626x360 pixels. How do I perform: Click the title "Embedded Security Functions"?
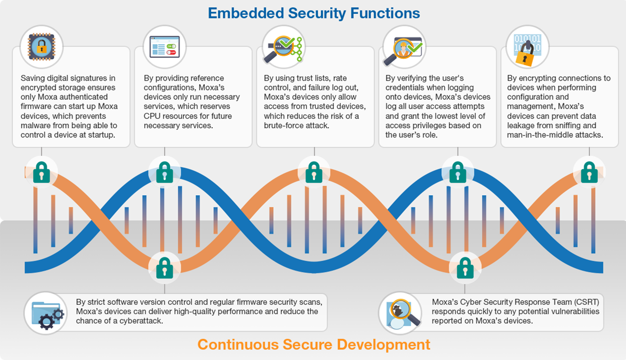[314, 13]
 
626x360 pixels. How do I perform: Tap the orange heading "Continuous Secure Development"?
[314, 344]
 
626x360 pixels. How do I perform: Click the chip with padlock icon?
[42, 47]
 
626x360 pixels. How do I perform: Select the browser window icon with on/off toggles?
[164, 46]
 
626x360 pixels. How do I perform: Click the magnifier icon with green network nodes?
[283, 48]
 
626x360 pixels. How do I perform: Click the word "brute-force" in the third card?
[284, 126]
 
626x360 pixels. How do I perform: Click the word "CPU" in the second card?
[152, 116]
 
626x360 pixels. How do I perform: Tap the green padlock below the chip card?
[42, 172]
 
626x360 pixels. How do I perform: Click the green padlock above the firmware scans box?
[164, 268]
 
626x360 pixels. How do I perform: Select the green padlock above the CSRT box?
[465, 268]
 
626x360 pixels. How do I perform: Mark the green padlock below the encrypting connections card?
[589, 172]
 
